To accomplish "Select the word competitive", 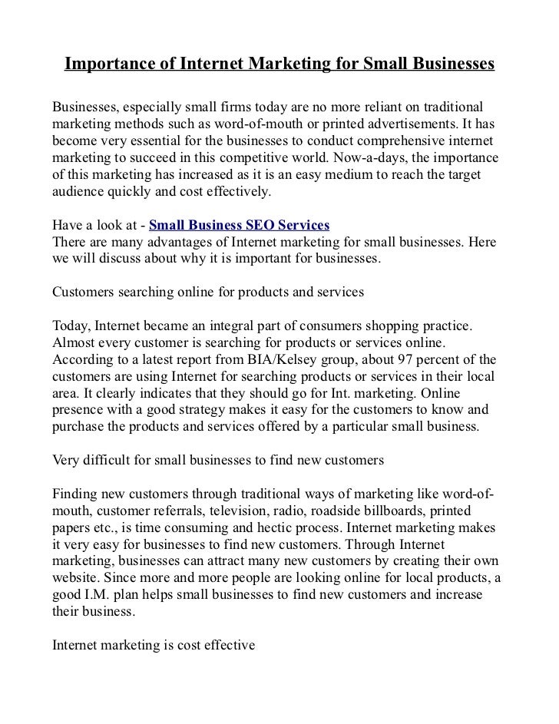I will tap(244, 157).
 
